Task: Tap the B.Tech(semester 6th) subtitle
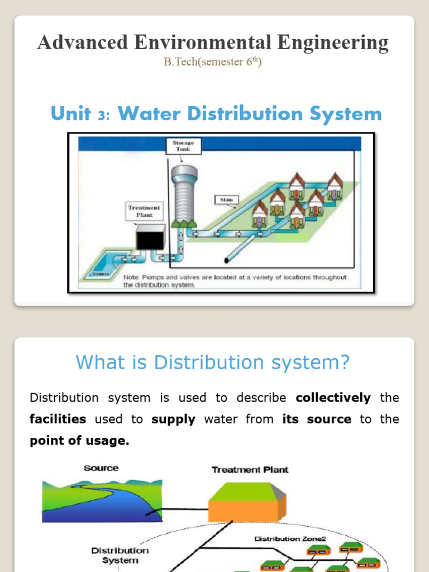pos(212,62)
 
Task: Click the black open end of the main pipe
pos(227,260)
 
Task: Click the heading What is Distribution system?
pos(212,363)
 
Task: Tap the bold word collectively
pos(333,398)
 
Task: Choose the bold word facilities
pos(58,419)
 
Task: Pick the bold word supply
pos(173,419)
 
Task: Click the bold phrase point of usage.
pos(79,441)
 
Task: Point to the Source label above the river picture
pos(101,468)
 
